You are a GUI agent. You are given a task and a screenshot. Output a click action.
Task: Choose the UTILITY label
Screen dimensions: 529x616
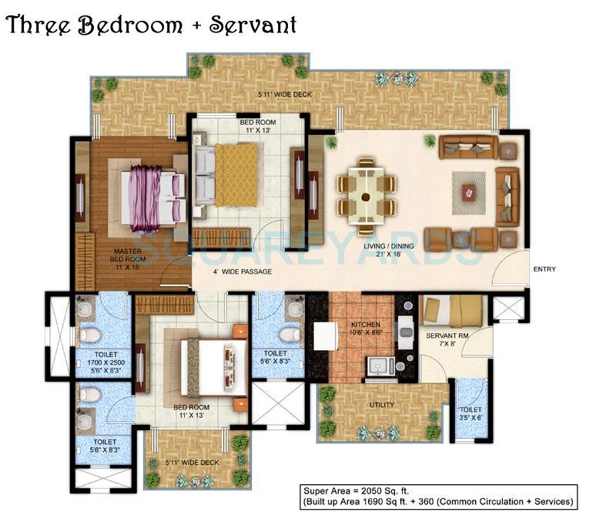[x=382, y=405]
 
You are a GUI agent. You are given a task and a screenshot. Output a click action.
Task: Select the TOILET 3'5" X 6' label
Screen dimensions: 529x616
[x=470, y=413]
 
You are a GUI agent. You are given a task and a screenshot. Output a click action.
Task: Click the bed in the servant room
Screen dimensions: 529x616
[x=453, y=312]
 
